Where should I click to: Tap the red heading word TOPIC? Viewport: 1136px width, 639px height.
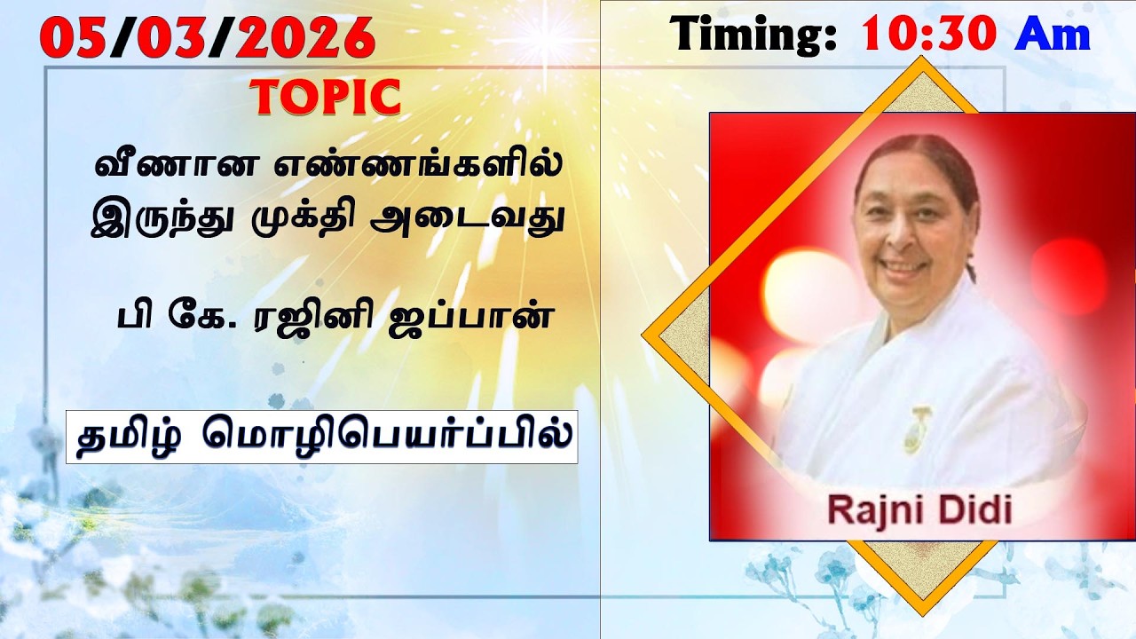click(x=326, y=98)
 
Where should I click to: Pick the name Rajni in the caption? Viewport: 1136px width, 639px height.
click(x=870, y=510)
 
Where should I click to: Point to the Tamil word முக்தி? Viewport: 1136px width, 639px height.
click(x=310, y=218)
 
